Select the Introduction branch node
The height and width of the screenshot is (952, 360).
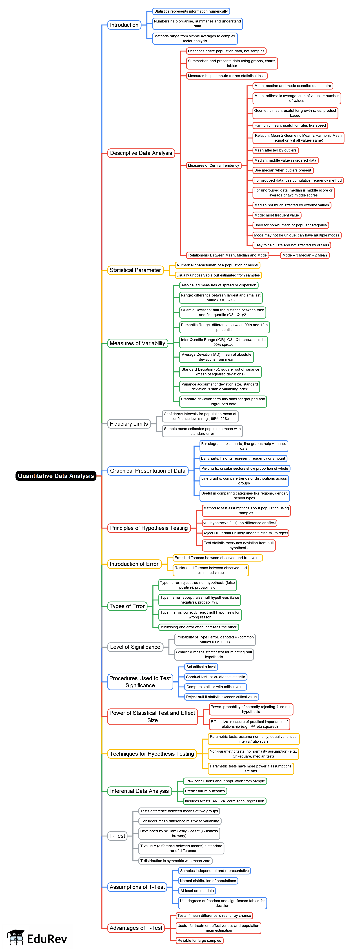124,25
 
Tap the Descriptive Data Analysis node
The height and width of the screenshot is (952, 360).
141,153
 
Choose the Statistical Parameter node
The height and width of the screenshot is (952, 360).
135,270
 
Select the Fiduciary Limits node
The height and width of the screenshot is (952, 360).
129,424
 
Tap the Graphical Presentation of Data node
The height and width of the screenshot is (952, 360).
147,471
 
